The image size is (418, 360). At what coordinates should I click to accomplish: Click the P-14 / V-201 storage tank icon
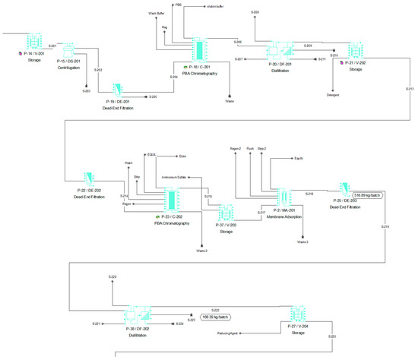click(33, 41)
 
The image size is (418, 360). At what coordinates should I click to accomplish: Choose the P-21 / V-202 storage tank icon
click(353, 50)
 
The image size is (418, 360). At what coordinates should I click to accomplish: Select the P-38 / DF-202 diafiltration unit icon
click(138, 315)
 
